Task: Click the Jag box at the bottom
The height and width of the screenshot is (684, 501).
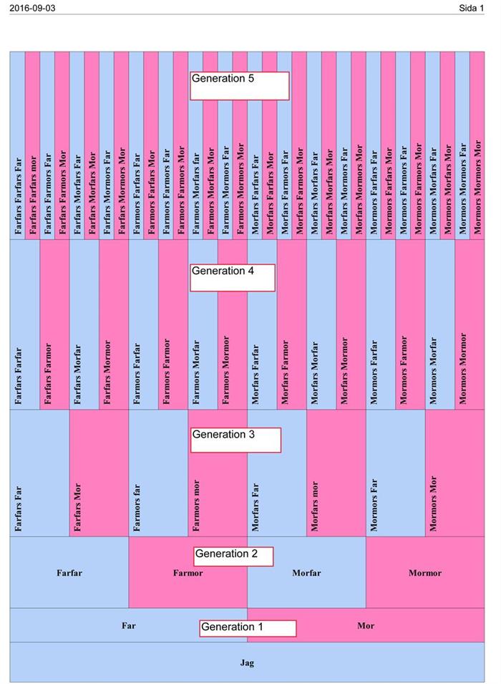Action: click(x=247, y=663)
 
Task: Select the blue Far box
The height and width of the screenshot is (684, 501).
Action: click(x=129, y=625)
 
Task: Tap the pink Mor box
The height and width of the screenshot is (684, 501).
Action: click(x=366, y=625)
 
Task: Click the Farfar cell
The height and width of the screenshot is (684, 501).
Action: click(x=69, y=573)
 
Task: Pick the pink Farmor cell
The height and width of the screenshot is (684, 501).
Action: click(x=188, y=573)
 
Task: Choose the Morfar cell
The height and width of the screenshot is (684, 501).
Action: click(x=306, y=573)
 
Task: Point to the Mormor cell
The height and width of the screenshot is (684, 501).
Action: click(x=425, y=573)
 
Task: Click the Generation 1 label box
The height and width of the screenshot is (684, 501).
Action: click(x=248, y=628)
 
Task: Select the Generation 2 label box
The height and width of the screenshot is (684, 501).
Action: click(x=234, y=555)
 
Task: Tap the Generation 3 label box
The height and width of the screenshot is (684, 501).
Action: click(x=235, y=440)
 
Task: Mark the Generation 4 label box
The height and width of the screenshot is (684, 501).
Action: click(x=233, y=277)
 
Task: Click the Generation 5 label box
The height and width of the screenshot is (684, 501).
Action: click(x=240, y=85)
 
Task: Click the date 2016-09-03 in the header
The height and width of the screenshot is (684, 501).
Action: click(x=32, y=7)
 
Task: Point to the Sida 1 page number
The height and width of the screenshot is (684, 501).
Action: click(x=472, y=7)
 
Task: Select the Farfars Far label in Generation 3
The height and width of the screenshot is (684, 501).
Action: click(x=19, y=509)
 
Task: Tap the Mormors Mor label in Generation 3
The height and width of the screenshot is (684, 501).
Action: click(x=433, y=504)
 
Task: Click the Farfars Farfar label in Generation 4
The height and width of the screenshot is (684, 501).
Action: click(x=19, y=376)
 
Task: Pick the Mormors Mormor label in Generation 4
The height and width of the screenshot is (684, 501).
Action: click(x=462, y=368)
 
